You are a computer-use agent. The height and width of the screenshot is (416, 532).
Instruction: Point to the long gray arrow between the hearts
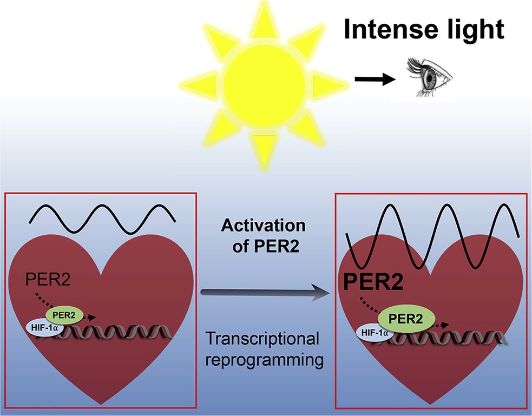[x=265, y=293]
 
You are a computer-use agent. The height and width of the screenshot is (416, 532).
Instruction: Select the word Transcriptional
[x=263, y=340]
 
